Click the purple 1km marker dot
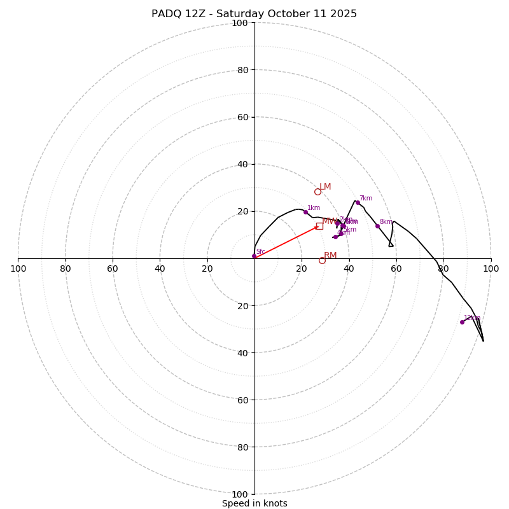click(x=305, y=212)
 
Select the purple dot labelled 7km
click(x=358, y=202)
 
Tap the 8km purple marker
click(x=377, y=226)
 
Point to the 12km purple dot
click(x=462, y=322)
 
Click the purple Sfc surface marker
click(x=254, y=256)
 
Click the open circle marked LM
click(x=317, y=192)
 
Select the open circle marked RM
click(x=322, y=260)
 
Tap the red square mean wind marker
click(x=319, y=226)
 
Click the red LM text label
click(x=325, y=186)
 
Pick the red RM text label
click(x=330, y=255)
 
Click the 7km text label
click(x=366, y=199)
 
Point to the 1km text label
click(x=314, y=208)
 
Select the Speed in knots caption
click(x=254, y=503)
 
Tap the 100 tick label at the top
click(x=239, y=23)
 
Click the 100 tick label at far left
click(x=18, y=268)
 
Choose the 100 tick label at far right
click(x=491, y=268)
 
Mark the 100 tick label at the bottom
click(x=239, y=494)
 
